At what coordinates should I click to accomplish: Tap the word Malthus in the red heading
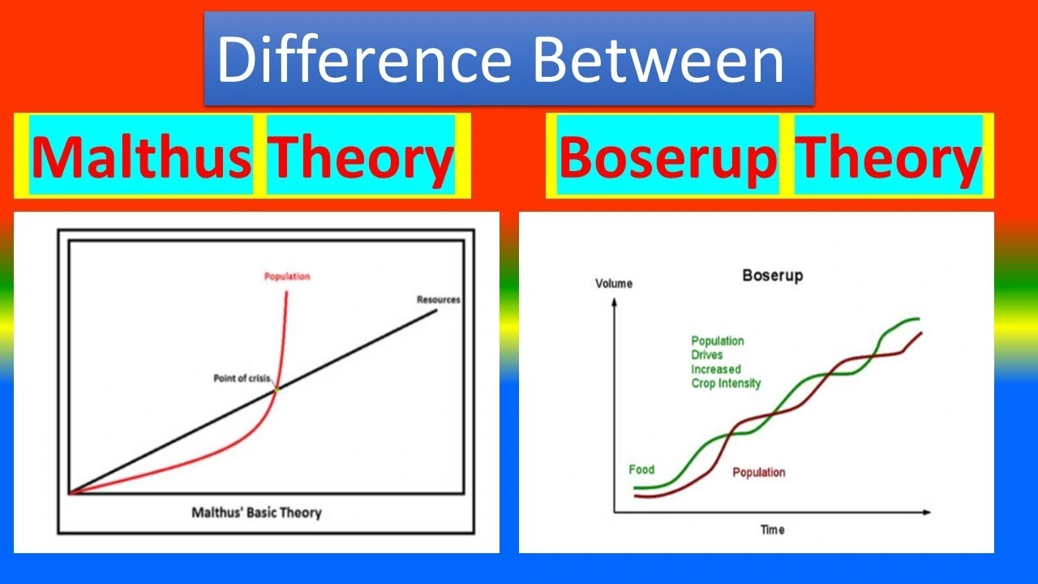pos(142,157)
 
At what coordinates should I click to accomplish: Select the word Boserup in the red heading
pos(667,157)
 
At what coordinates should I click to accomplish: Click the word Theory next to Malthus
pos(360,157)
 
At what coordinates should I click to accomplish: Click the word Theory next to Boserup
pos(889,157)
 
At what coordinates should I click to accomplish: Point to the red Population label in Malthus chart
pos(287,277)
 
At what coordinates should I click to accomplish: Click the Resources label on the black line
pos(438,299)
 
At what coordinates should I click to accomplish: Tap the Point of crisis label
pos(242,379)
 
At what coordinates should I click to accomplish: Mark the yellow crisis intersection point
pos(277,389)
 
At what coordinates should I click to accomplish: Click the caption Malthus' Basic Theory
pos(256,513)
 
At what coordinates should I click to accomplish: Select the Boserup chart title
pos(772,276)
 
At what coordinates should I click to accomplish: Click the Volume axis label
pos(614,284)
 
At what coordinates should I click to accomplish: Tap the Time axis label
pos(772,530)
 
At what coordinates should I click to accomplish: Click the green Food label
pos(641,470)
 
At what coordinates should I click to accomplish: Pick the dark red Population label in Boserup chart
pos(758,472)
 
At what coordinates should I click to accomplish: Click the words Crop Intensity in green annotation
pos(725,383)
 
